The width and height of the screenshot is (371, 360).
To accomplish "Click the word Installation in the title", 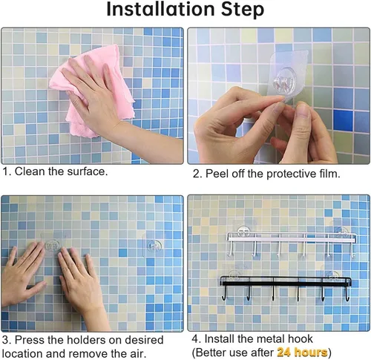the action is tap(160, 10).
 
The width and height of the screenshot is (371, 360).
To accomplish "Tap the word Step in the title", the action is tap(243, 10).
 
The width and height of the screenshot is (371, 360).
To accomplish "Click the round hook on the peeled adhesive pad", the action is tap(284, 82).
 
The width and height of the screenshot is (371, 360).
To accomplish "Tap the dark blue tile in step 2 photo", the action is tap(343, 120).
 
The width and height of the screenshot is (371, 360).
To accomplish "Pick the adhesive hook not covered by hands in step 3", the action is tap(154, 246).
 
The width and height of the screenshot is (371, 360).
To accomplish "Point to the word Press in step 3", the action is tap(30, 340).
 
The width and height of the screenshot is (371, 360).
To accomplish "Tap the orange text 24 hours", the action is tap(302, 352).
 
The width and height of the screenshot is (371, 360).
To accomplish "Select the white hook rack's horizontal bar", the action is tap(292, 238).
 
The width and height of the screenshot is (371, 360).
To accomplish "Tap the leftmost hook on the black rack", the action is tap(224, 294).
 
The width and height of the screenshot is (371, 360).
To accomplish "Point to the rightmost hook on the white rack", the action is tap(353, 250).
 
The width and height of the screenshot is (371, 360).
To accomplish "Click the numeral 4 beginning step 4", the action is tap(195, 338).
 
